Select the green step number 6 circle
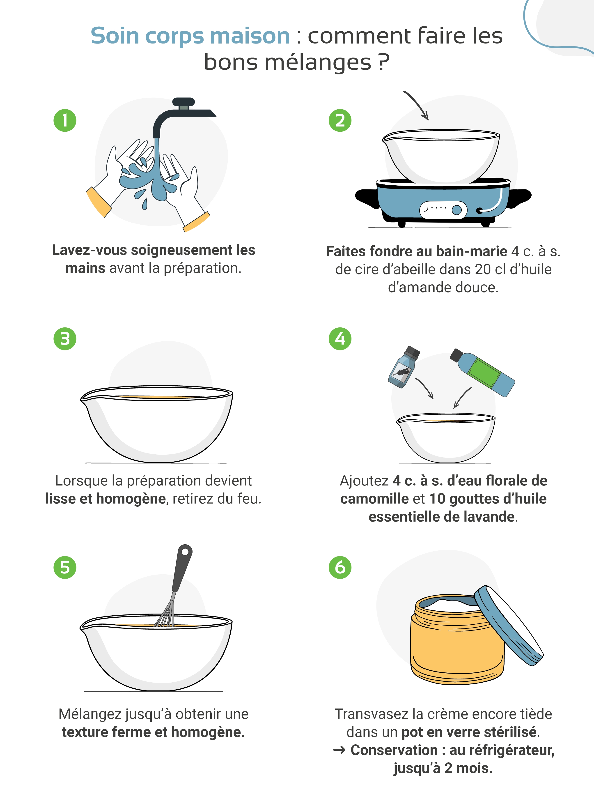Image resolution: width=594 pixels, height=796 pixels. (340, 567)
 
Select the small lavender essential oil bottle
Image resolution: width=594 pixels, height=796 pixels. (404, 367)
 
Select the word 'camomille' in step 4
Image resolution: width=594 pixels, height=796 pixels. (374, 499)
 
